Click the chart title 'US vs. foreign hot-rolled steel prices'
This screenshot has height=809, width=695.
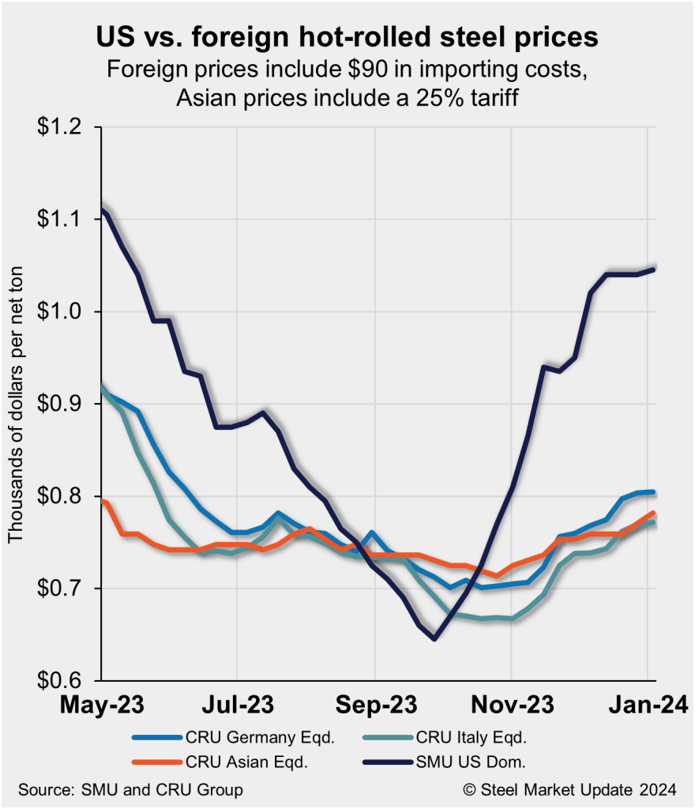347,37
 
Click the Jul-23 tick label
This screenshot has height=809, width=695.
238,704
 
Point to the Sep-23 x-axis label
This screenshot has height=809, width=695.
374,704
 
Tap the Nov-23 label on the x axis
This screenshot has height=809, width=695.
511,704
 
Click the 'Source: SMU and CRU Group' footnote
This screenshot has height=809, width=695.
130,790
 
